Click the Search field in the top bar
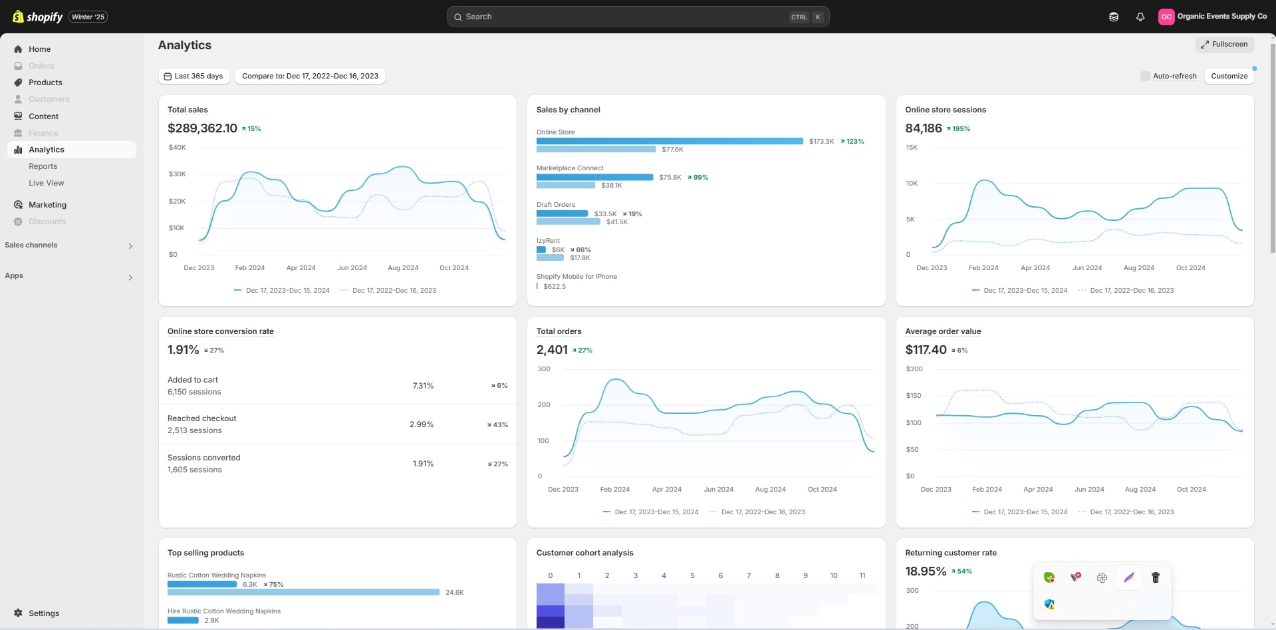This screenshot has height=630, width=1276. [x=625, y=17]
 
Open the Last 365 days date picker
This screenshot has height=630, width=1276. [x=194, y=76]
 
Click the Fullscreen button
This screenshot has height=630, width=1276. [x=1225, y=45]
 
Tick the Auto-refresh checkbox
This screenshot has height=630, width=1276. [x=1145, y=76]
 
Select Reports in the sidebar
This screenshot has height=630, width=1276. [x=43, y=166]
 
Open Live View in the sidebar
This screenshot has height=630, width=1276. [x=47, y=183]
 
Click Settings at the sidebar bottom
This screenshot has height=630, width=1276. [x=43, y=613]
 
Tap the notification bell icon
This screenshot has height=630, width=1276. [x=1140, y=17]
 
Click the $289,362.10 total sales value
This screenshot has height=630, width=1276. [x=202, y=128]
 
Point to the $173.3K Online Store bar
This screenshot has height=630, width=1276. [x=670, y=141]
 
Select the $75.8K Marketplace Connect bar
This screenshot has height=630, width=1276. [x=594, y=177]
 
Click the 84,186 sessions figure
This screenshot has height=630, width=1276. [x=923, y=128]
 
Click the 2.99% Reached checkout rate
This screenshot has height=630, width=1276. [x=422, y=424]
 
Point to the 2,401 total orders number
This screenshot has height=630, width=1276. [x=552, y=350]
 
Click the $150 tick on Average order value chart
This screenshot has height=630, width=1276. [x=914, y=396]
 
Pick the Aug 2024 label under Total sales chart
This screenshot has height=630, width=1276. [x=403, y=268]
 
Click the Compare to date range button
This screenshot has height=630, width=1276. [x=310, y=76]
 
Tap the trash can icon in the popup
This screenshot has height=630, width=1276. [x=1156, y=577]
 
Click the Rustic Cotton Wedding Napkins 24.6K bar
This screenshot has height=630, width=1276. [x=303, y=592]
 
